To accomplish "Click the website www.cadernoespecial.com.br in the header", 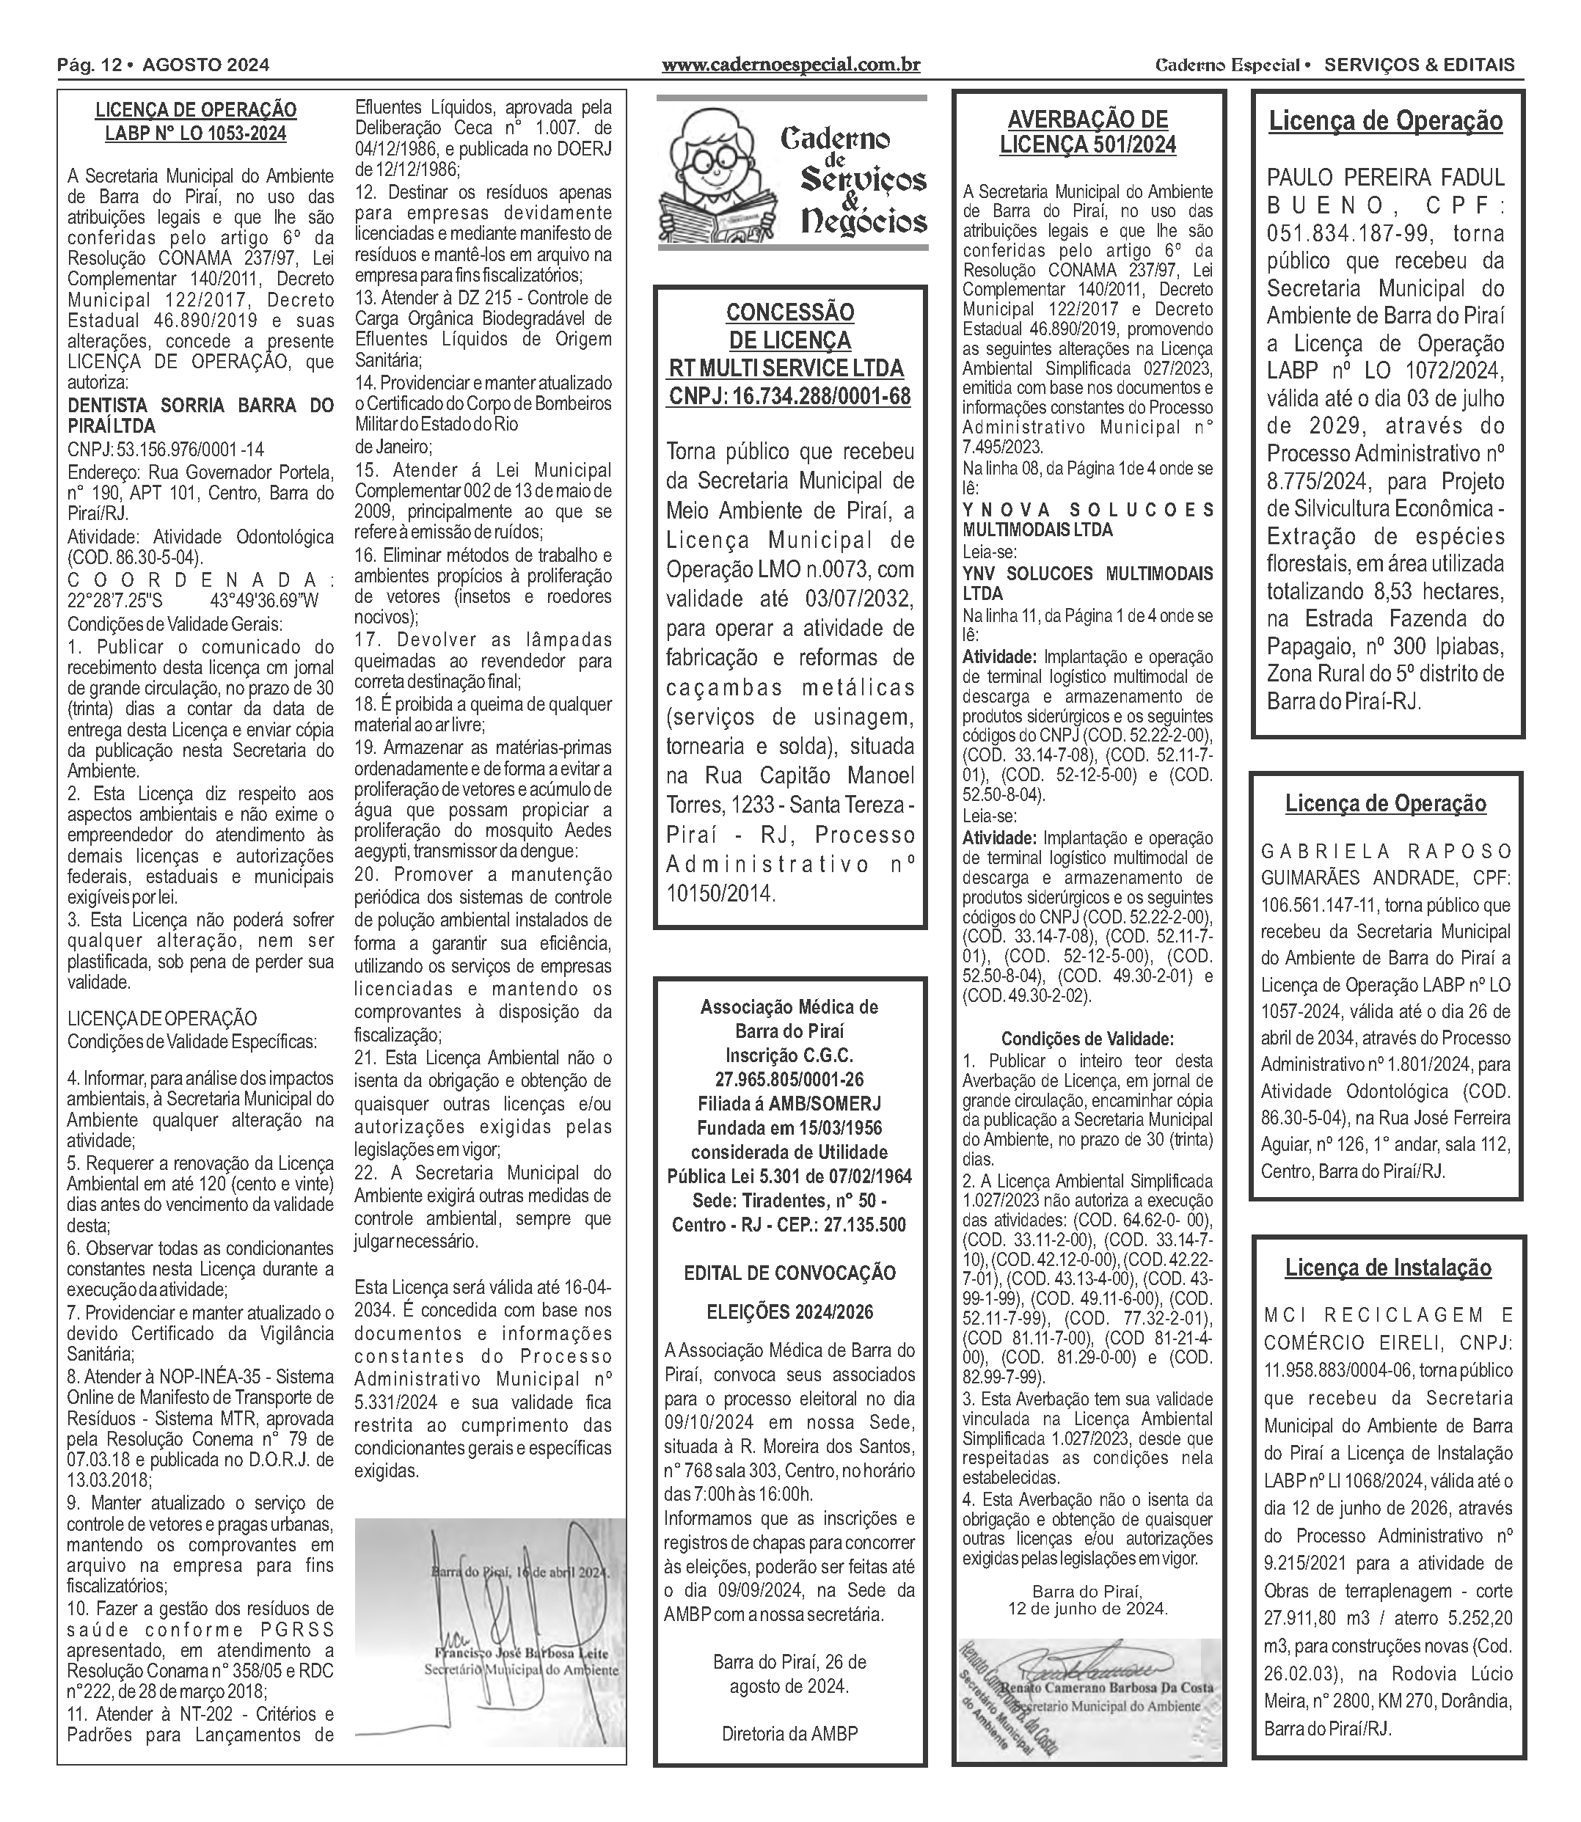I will coord(791,65).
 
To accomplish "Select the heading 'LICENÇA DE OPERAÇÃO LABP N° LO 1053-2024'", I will coord(196,122).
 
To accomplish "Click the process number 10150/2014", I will coord(720,894).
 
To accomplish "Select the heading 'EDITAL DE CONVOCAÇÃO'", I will coord(789,1273).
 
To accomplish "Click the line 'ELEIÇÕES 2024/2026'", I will coord(789,1312).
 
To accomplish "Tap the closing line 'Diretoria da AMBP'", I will coord(789,1734).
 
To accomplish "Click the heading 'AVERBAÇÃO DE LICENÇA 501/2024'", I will coord(1088,132).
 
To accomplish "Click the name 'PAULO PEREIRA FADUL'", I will coord(1385,178).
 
